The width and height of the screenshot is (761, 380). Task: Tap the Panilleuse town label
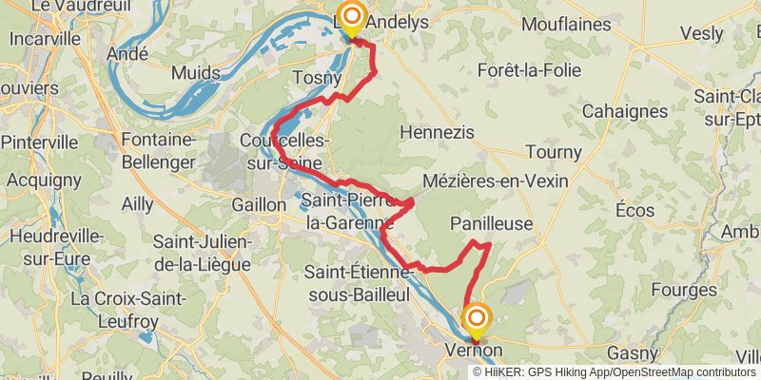pyautogui.click(x=491, y=223)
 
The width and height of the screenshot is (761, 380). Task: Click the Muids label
pyautogui.click(x=196, y=72)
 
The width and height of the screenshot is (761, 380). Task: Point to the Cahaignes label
pyautogui.click(x=624, y=111)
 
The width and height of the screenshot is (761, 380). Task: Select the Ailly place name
pyautogui.click(x=137, y=203)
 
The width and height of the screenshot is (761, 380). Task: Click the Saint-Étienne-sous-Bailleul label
pyautogui.click(x=358, y=283)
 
